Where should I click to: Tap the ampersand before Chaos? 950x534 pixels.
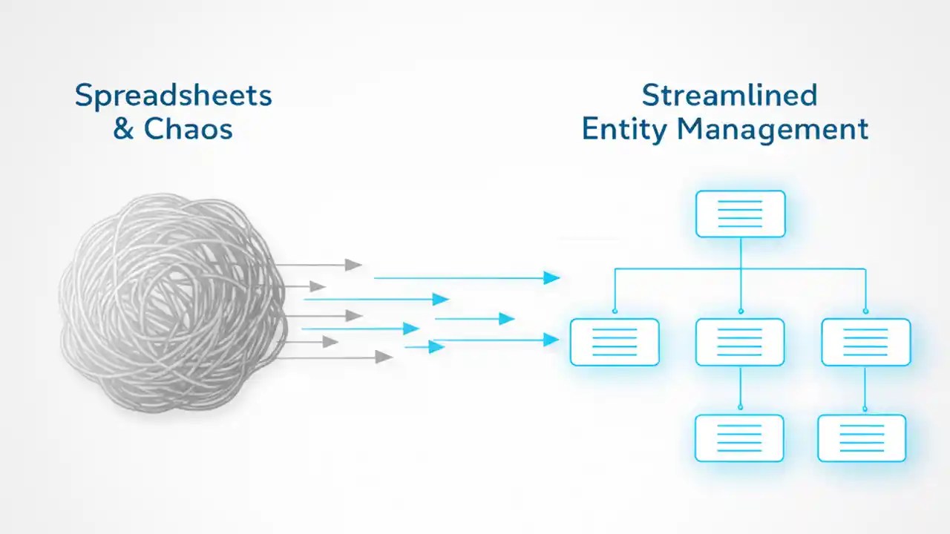[x=123, y=129]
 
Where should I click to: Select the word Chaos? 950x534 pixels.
[x=188, y=129]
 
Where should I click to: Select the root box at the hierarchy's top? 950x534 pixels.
[x=740, y=214]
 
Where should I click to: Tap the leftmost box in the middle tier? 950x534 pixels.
[x=615, y=342]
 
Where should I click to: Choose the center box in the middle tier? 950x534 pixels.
[x=740, y=342]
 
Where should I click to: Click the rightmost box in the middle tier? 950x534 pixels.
[x=865, y=342]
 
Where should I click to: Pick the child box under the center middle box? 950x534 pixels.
[x=739, y=438]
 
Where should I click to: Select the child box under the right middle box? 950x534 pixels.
[x=862, y=438]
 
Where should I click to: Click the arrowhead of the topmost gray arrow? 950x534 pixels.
[x=353, y=265]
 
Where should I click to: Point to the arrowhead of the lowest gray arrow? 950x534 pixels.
[x=384, y=357]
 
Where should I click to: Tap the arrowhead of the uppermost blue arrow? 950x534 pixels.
[x=551, y=278]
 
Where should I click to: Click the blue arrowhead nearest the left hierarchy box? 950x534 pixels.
[x=551, y=340]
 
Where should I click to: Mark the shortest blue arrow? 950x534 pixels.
[x=425, y=346]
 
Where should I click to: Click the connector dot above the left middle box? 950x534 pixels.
[x=615, y=311]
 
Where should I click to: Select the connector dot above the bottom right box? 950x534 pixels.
[x=865, y=407]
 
